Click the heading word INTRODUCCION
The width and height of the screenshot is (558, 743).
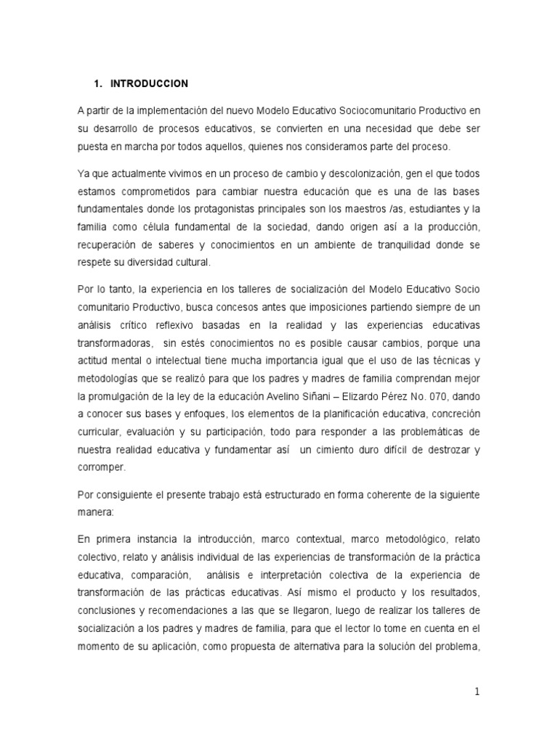click(x=150, y=84)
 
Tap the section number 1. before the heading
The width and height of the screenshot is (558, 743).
click(x=98, y=84)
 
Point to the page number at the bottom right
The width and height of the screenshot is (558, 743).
click(x=477, y=691)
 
